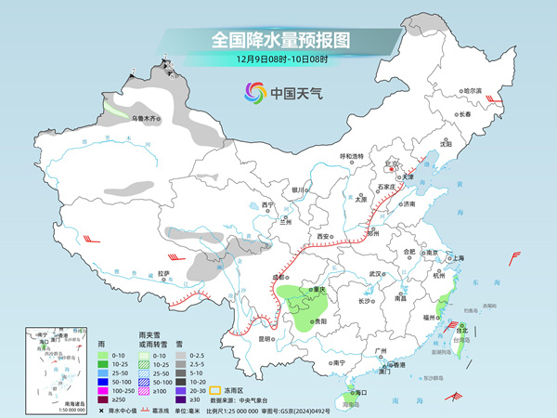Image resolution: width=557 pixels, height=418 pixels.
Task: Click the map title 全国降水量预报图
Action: pyautogui.click(x=278, y=40)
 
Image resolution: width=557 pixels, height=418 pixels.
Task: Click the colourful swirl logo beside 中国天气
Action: pyautogui.click(x=254, y=93)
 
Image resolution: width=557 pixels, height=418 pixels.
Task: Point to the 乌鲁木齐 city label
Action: pyautogui.click(x=144, y=118)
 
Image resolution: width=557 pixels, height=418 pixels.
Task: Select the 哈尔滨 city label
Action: pyautogui.click(x=473, y=90)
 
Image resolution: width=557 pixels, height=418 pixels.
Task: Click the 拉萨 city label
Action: pyautogui.click(x=163, y=273)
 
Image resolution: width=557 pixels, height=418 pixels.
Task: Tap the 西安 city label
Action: pyautogui.click(x=323, y=237)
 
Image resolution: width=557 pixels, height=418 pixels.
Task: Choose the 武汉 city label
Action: pyautogui.click(x=375, y=274)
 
